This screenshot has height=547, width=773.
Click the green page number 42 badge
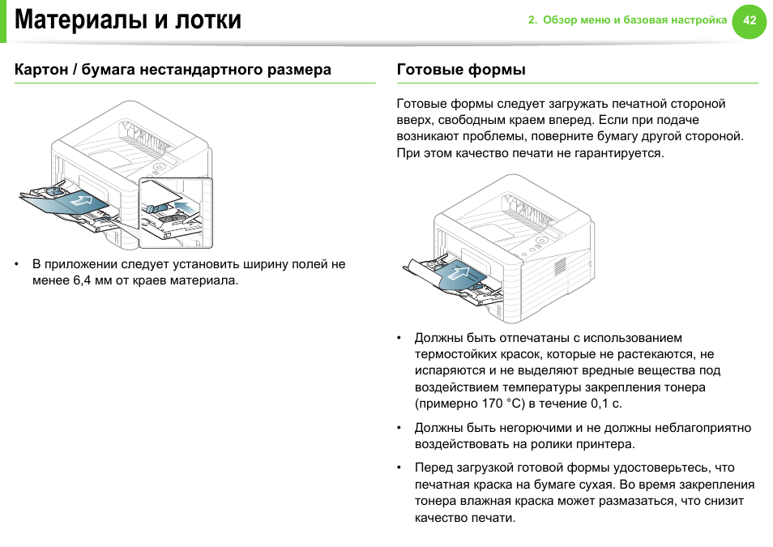click(x=749, y=20)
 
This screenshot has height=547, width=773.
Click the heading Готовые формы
click(x=461, y=70)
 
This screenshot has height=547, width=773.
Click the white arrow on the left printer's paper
click(x=81, y=199)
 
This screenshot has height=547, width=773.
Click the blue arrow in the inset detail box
click(x=185, y=207)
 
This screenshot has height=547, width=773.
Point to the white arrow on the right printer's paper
click(x=459, y=273)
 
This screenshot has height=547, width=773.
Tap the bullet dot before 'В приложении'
click(x=18, y=264)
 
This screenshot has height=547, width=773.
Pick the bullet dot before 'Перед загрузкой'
click(x=399, y=468)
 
